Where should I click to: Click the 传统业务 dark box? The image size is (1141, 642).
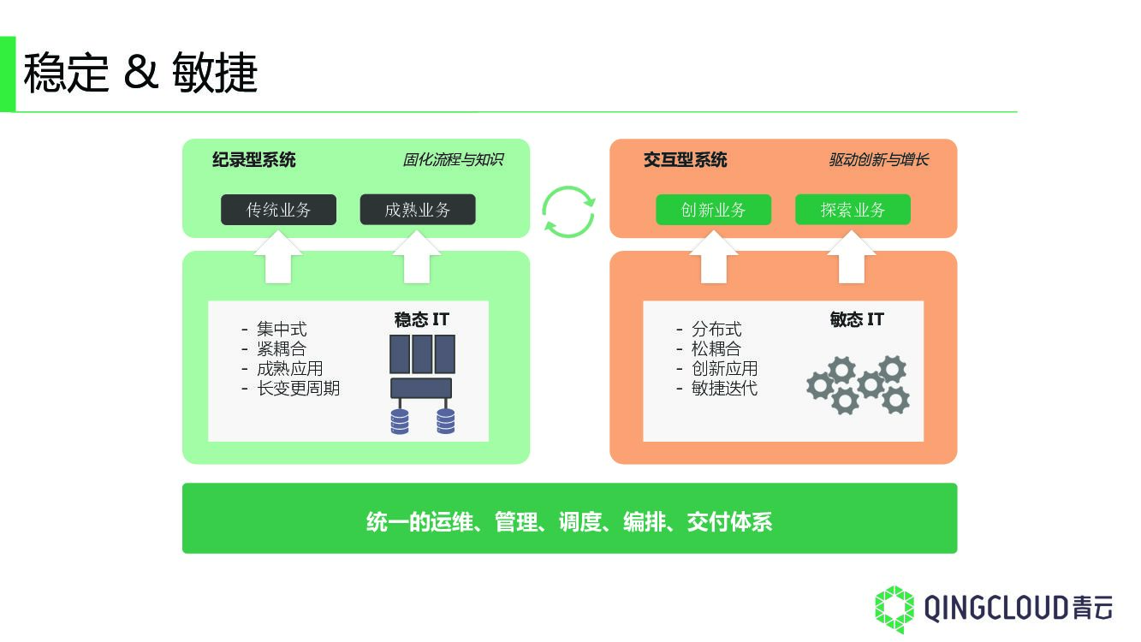tap(278, 210)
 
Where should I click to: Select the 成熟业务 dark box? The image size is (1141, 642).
tap(417, 210)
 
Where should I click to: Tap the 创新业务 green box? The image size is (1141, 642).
tap(713, 210)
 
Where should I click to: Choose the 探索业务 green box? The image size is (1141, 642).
tap(853, 210)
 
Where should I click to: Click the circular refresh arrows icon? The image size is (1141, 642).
tap(568, 211)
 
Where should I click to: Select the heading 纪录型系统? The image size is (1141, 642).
tap(254, 160)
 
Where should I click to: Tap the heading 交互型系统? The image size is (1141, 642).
tap(686, 160)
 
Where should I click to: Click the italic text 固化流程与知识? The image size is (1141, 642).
tap(453, 160)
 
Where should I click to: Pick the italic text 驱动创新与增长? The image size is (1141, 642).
tap(878, 160)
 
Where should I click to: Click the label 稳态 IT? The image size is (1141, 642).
tap(422, 320)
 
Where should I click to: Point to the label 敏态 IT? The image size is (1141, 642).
tap(857, 320)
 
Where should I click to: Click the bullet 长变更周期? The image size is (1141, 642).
tap(298, 389)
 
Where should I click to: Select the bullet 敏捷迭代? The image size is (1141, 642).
tap(724, 389)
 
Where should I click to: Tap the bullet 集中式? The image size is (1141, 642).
tap(281, 329)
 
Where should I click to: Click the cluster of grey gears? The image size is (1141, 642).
tap(859, 385)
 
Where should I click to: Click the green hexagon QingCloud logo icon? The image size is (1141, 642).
tap(894, 609)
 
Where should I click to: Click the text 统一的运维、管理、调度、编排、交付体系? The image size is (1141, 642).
tap(569, 521)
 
